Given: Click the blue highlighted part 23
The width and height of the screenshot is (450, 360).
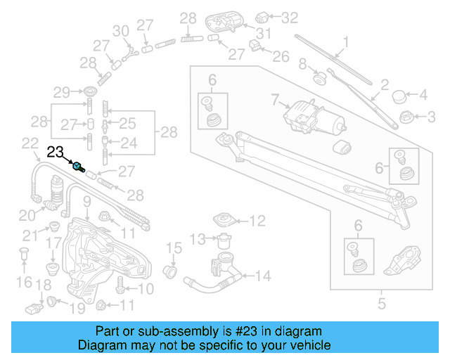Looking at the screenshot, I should click(x=80, y=167).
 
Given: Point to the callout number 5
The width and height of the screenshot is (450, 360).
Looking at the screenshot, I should click(x=382, y=304).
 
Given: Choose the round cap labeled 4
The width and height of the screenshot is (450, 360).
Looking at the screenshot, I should click(x=401, y=95).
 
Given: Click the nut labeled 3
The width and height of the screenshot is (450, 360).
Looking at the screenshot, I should click(x=406, y=116).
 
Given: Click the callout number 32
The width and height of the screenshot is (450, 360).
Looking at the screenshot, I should click(x=290, y=15).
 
